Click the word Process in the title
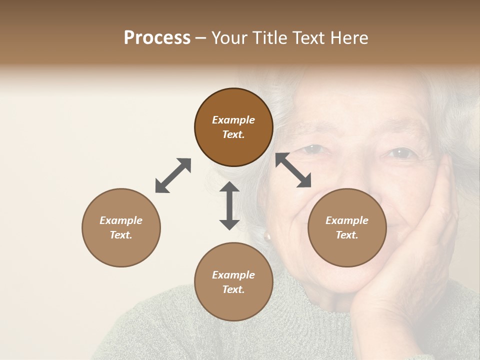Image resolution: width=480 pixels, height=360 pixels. tap(157, 38)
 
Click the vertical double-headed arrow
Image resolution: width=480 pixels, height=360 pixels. tap(229, 205)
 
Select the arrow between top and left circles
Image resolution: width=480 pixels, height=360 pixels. tap(173, 175)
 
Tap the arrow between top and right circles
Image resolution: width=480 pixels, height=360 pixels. tap(293, 170)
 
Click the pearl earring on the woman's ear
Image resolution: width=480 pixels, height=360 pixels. tap(267, 235)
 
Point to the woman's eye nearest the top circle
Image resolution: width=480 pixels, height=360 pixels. tap(313, 148)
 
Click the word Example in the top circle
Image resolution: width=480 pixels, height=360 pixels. tap(233, 120)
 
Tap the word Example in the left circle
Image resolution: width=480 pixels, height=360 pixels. tap(121, 220)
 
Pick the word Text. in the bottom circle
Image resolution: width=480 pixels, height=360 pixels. tap(233, 289)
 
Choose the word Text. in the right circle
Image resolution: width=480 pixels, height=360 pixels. tap(347, 235)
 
